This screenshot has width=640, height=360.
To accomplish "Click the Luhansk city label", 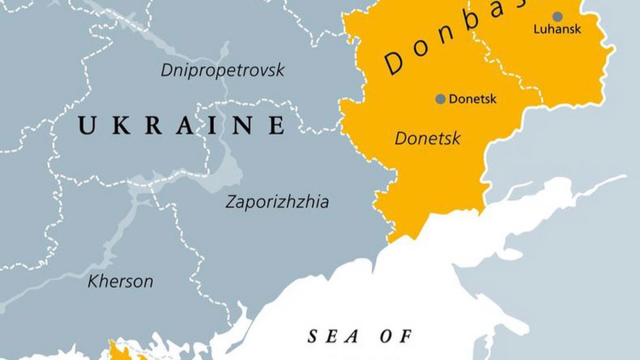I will click(x=557, y=30).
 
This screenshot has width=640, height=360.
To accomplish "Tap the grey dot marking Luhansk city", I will click(x=557, y=17).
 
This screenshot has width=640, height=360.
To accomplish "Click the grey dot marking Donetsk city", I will click(x=441, y=99).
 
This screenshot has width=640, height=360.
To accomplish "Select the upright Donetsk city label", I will click(x=473, y=99).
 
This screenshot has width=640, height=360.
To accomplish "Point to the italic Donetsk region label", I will click(x=427, y=139).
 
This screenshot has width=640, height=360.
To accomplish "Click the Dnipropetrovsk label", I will click(x=223, y=70).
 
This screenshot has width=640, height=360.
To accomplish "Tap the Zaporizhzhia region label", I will click(x=277, y=203).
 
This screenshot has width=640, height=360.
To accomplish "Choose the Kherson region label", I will click(x=120, y=282).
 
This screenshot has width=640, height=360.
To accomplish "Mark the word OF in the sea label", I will click(x=396, y=337).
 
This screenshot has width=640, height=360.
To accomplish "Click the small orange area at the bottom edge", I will click(x=118, y=352).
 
